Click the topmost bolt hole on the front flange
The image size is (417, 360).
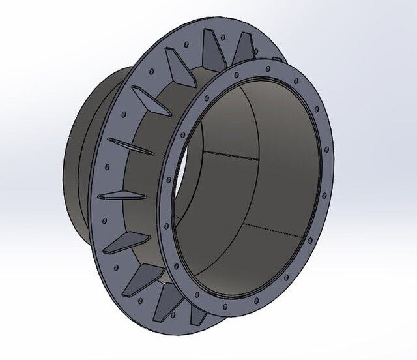(281, 60)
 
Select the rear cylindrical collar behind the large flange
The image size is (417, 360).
(81, 163)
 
